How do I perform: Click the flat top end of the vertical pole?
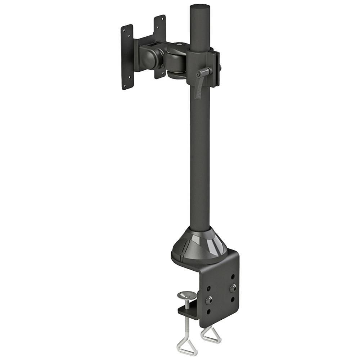[200, 7]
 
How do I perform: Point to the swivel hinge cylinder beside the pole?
[176, 61]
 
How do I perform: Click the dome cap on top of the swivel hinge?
[176, 46]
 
